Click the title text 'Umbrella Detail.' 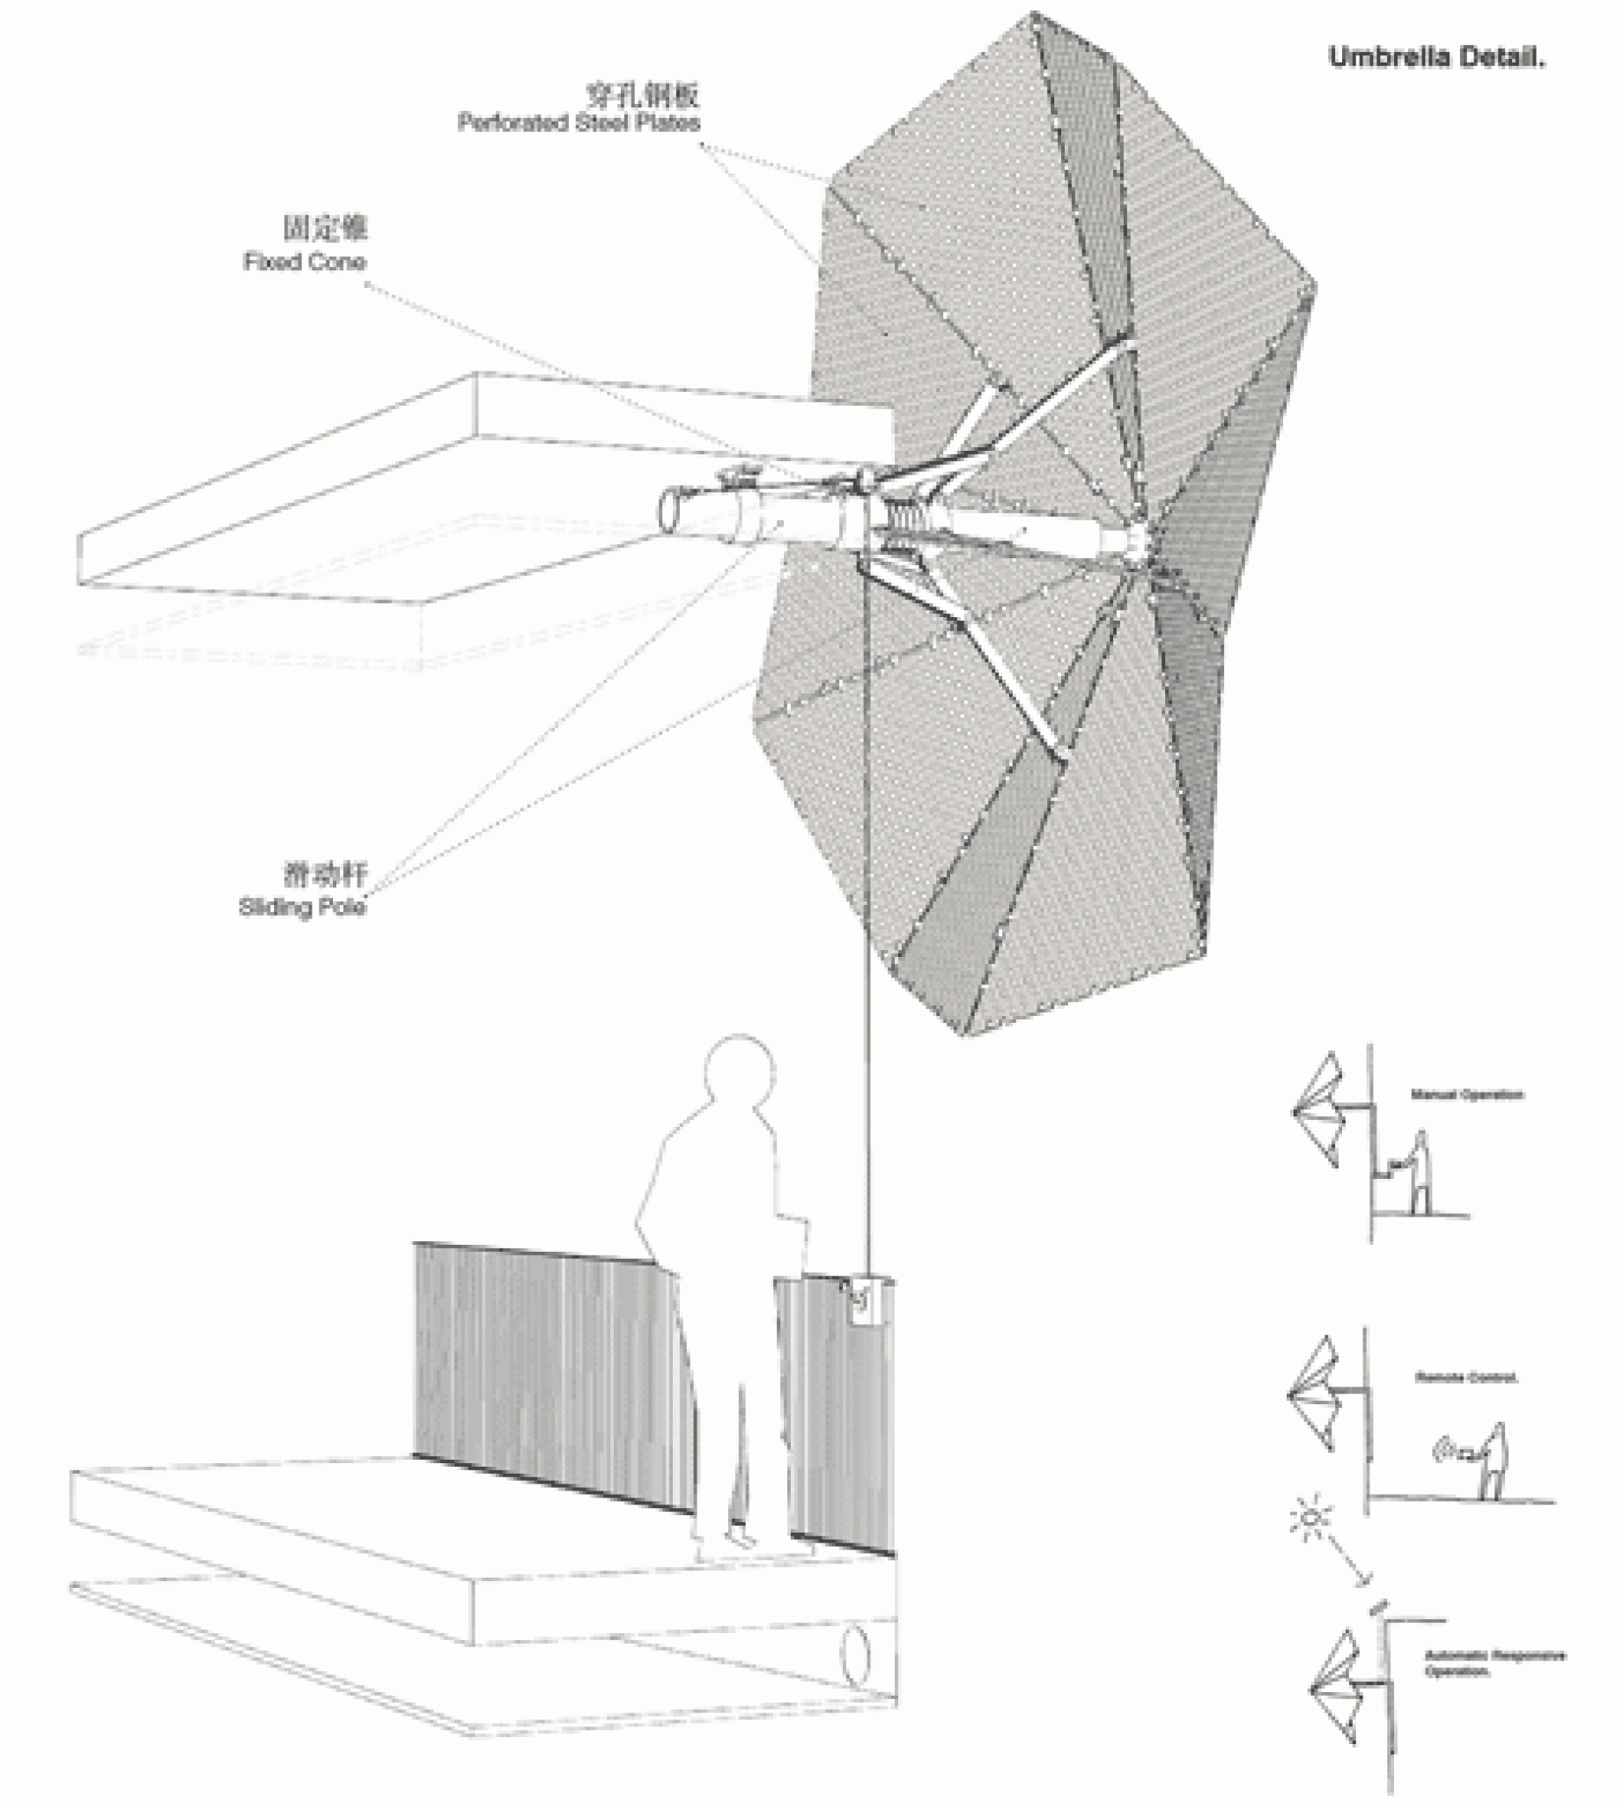pyautogui.click(x=1435, y=58)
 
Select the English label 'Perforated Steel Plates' pyautogui.click(x=579, y=123)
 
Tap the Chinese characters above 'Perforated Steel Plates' pyautogui.click(x=642, y=94)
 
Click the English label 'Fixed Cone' pyautogui.click(x=304, y=262)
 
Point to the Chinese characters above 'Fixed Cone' pyautogui.click(x=325, y=228)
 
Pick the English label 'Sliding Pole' pyautogui.click(x=302, y=908)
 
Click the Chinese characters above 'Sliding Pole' pyautogui.click(x=325, y=874)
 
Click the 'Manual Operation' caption pyautogui.click(x=1467, y=1094)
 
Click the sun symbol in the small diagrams pyautogui.click(x=1311, y=1517)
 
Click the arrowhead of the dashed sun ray pyautogui.click(x=1361, y=1581)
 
